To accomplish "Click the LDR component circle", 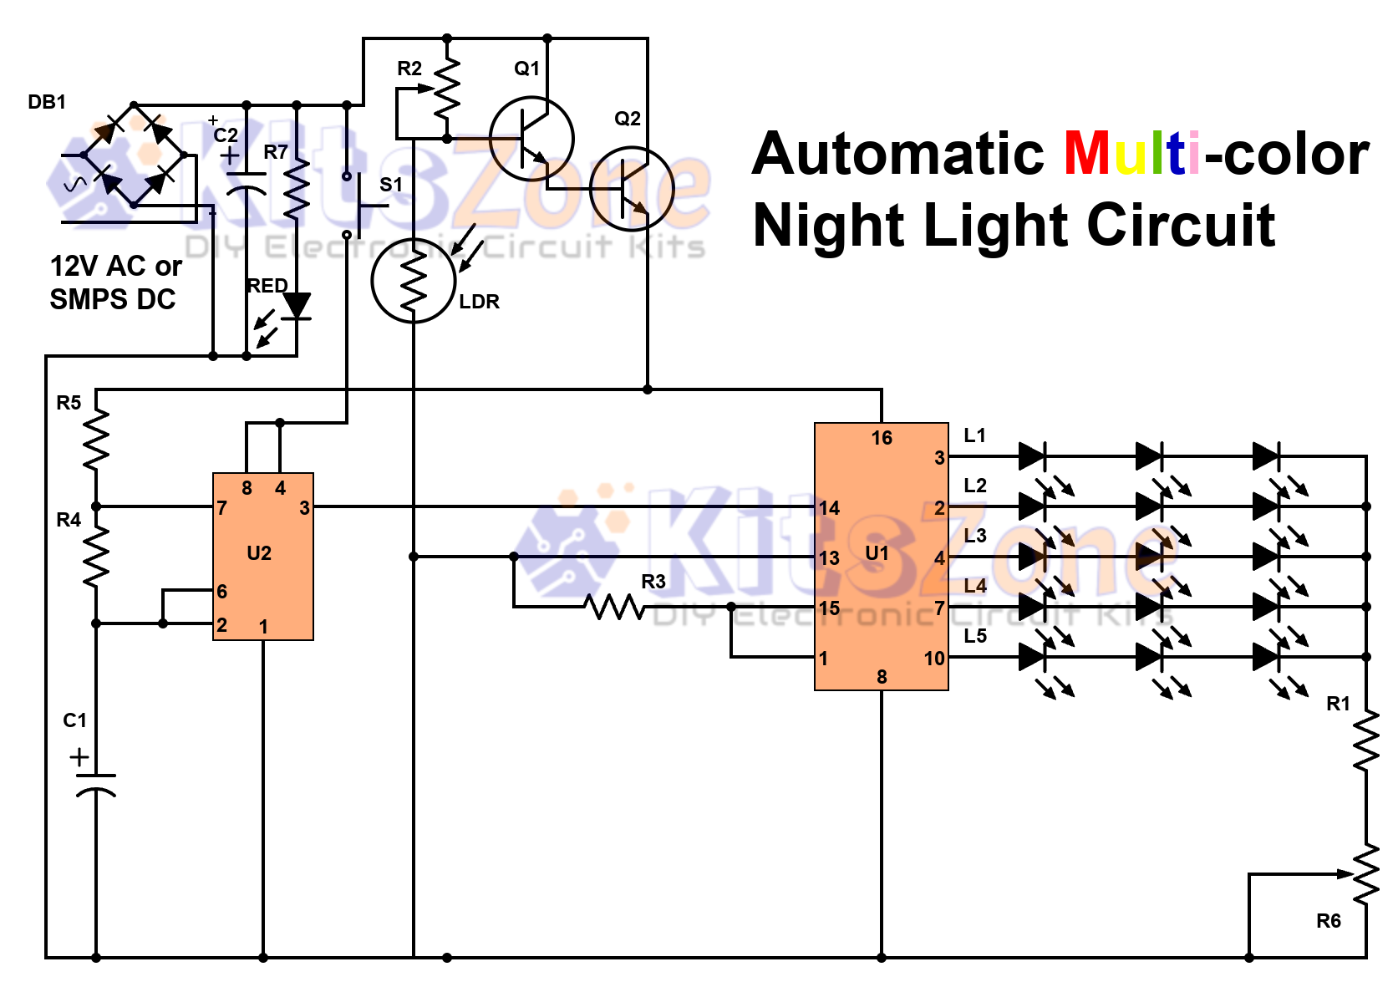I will [414, 281].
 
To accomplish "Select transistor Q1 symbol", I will [531, 139].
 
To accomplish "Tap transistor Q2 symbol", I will [632, 189].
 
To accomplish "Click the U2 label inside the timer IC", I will [259, 553].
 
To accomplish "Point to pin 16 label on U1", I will [882, 438].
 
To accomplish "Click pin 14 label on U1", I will [829, 508].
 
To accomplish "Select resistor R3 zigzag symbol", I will [616, 607].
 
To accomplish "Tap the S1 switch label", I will [391, 185].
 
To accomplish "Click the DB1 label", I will [47, 102].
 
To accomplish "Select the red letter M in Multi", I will [1087, 154].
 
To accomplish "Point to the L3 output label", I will [975, 536].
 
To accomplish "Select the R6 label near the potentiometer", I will [1328, 921].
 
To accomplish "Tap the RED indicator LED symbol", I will [297, 307].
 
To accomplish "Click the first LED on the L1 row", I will [1032, 456].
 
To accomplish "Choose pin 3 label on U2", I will [304, 508].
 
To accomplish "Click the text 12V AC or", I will [116, 267].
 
